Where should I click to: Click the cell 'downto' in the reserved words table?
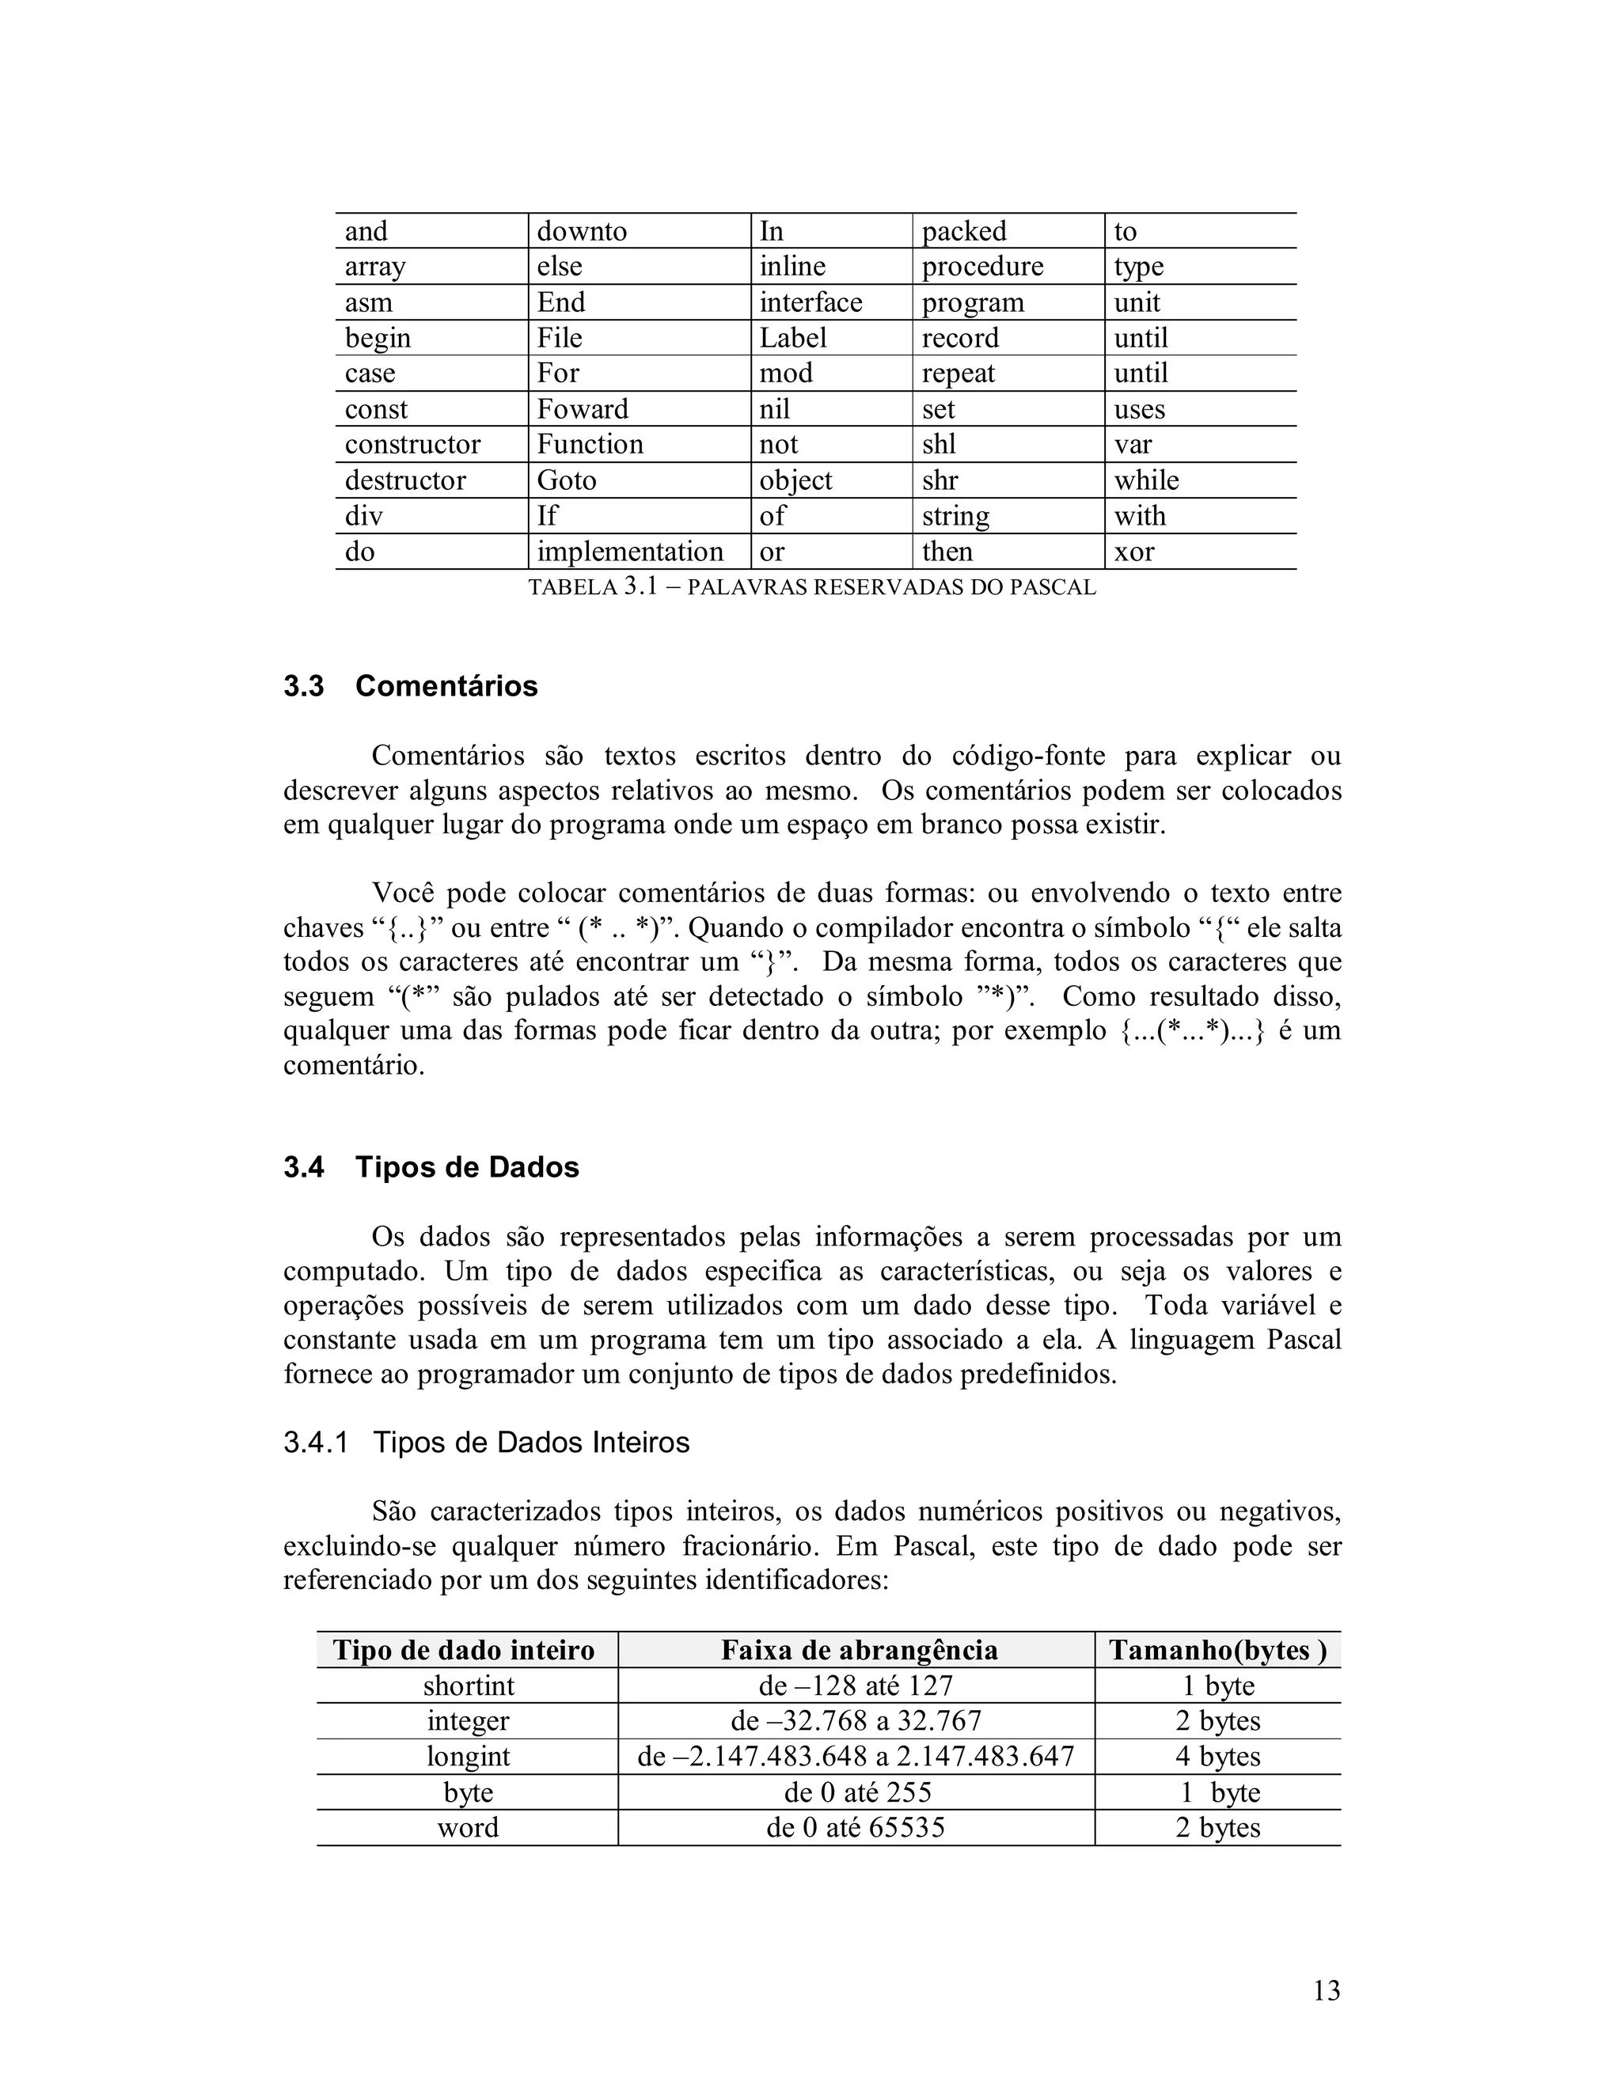pos(582,231)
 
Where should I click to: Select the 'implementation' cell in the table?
pos(630,552)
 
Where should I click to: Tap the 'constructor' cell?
pos(413,445)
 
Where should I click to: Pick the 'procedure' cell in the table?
pos(982,266)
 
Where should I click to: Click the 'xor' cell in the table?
pos(1134,552)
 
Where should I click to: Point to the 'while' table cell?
pos(1147,480)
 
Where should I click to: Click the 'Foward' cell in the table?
pos(583,409)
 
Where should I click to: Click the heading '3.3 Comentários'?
pos(410,687)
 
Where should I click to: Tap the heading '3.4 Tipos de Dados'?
pos(431,1167)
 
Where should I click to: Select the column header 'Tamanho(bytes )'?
pos(1217,1650)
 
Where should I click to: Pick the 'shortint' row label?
pos(469,1686)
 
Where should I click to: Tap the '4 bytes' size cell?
pos(1217,1756)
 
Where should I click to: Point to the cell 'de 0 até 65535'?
pos(856,1827)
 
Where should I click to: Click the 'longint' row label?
pos(469,1756)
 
